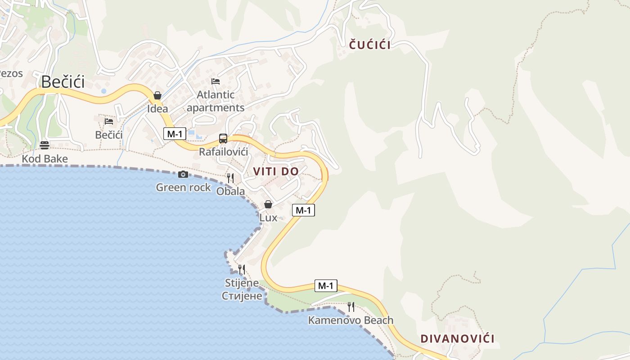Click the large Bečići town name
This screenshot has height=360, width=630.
(63, 82)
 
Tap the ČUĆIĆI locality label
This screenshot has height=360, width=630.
(370, 45)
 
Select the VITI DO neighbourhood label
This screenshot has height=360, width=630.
(276, 171)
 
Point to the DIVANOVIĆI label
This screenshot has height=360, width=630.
(457, 339)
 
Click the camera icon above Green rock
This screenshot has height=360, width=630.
(183, 174)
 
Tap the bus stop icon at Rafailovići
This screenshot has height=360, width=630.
(223, 139)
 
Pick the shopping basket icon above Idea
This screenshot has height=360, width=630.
(157, 95)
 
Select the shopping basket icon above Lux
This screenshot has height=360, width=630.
(268, 204)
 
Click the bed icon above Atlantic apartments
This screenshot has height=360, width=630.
(216, 81)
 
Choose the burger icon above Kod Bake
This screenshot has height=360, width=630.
(44, 145)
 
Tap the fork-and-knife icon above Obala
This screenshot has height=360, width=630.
(230, 178)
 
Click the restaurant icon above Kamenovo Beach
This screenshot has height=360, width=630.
(351, 307)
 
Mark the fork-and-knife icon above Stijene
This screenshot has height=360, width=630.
(242, 270)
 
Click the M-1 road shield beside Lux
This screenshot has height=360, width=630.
(303, 210)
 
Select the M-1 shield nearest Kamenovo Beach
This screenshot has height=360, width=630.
(325, 286)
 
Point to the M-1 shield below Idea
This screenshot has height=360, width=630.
(175, 134)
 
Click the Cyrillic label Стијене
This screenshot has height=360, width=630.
(242, 296)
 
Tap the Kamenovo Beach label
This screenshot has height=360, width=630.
(351, 320)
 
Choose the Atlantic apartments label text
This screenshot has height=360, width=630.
(216, 101)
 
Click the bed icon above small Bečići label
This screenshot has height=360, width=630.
(109, 121)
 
